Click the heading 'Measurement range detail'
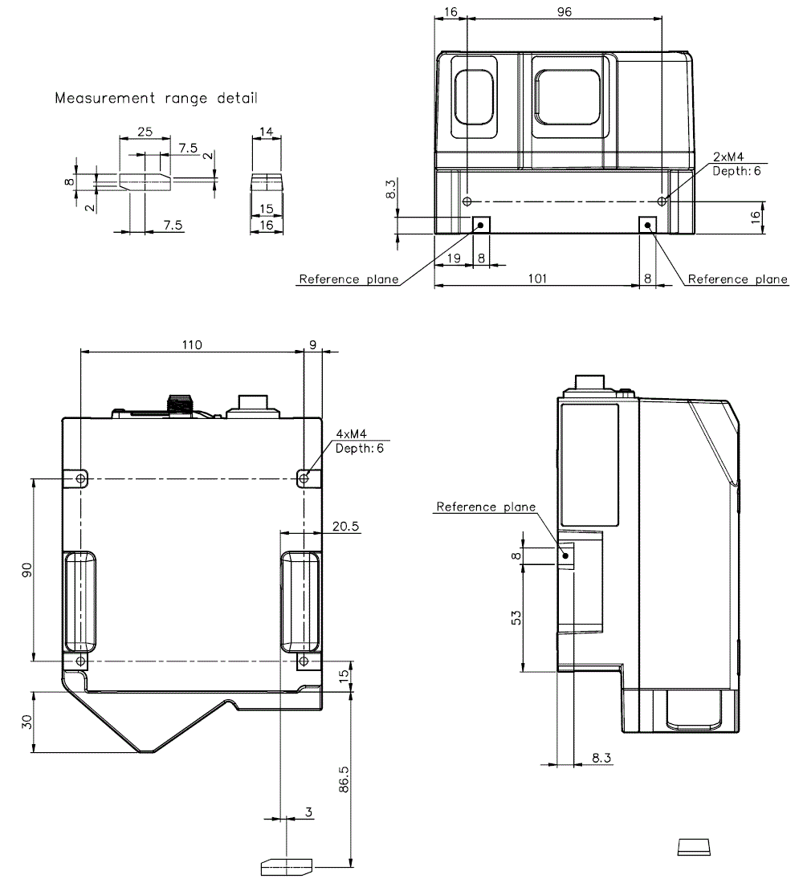click(157, 99)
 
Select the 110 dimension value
click(191, 344)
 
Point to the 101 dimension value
click(537, 279)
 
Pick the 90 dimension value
click(26, 570)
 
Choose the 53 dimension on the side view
click(516, 616)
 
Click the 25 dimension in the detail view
click(145, 132)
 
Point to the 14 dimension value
click(267, 132)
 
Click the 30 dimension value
click(26, 721)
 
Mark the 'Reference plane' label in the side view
click(485, 507)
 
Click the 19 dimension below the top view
click(453, 258)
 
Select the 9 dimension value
click(312, 344)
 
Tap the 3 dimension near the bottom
click(309, 812)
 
